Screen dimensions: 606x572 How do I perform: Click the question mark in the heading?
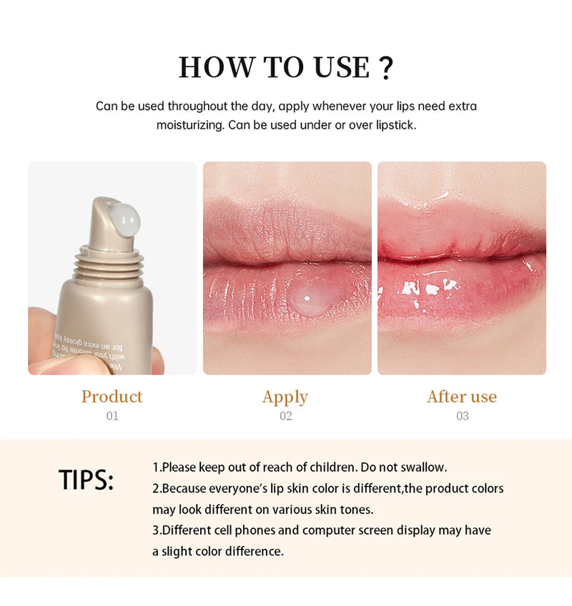pos(385,66)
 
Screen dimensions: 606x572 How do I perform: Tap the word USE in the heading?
pos(340,67)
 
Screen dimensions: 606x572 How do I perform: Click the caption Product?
pos(112,397)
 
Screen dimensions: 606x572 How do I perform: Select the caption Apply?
pos(285,397)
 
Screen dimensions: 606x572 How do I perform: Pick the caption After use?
pos(462,397)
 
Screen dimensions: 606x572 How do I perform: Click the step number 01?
pos(112,416)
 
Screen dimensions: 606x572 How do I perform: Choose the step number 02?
pos(285,416)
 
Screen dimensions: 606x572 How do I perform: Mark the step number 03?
pos(462,416)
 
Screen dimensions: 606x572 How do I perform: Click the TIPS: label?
pos(86,481)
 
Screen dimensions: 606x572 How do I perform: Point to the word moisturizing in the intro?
pos(188,125)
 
